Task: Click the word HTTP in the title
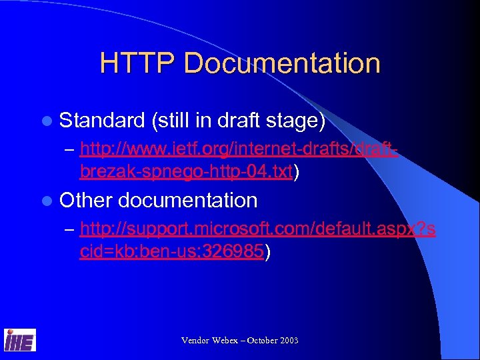coord(137,64)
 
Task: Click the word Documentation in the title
coord(281,64)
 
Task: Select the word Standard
coord(102,121)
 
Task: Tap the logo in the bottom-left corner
coord(20,340)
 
